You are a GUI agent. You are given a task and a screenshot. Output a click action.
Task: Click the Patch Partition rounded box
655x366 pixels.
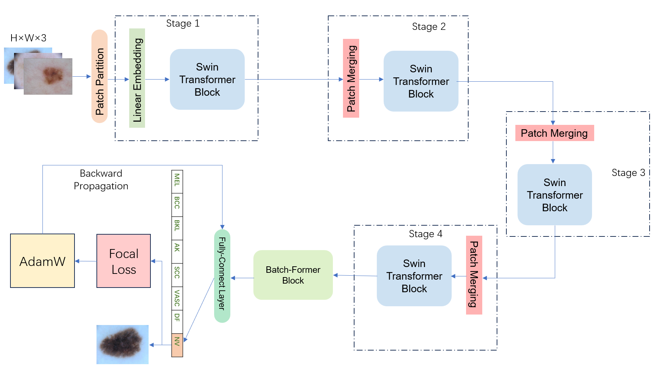[99, 76]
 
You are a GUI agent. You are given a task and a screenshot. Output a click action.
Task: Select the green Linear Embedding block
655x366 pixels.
[137, 78]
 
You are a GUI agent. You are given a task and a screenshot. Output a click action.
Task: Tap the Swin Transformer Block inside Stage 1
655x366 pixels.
[207, 80]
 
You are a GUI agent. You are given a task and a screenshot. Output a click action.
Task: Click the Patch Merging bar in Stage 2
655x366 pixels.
[351, 78]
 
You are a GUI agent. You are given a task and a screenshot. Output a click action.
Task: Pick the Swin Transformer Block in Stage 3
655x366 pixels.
[554, 195]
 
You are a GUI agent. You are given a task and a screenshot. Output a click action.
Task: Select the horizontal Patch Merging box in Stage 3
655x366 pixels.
[554, 133]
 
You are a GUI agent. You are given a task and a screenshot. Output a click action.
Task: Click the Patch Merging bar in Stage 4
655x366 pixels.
[474, 275]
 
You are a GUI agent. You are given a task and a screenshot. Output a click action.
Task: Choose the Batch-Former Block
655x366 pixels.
[293, 275]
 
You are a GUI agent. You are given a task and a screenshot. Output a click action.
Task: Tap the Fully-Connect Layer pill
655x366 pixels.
[222, 276]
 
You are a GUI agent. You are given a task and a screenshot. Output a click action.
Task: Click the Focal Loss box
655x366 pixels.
[123, 261]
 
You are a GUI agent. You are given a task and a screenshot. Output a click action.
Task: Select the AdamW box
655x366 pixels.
[42, 261]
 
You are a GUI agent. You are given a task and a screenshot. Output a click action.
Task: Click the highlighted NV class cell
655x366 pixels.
[177, 344]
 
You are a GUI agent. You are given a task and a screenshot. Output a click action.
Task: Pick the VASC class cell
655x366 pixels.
[177, 298]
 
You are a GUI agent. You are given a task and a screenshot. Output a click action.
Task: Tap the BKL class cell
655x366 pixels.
[177, 228]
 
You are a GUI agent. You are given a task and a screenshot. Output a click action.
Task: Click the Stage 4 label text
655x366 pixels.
[425, 234]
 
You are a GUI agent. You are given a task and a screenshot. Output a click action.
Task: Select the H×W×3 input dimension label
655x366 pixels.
[28, 38]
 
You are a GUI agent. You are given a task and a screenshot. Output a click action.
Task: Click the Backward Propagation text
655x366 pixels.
[101, 180]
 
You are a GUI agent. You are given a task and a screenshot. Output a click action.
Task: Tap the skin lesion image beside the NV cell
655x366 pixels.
[122, 344]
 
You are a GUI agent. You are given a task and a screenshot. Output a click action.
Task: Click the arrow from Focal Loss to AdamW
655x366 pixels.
[86, 261]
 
